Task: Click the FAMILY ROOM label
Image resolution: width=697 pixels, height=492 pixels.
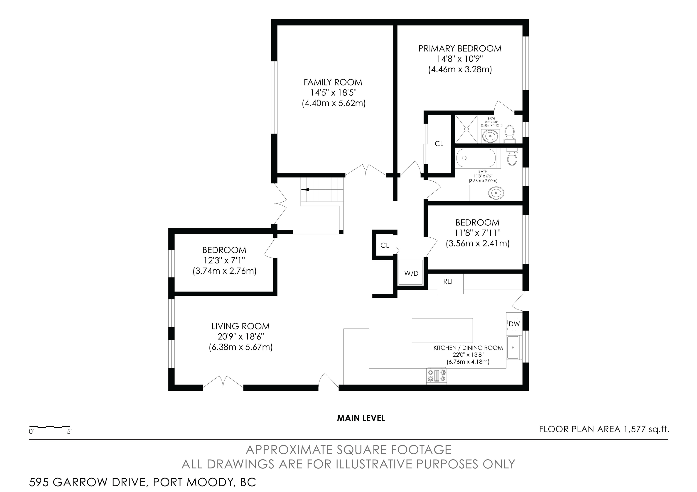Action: [333, 82]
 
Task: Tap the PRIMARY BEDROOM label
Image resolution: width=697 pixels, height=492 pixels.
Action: [460, 49]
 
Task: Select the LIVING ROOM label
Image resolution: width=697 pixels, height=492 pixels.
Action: [241, 326]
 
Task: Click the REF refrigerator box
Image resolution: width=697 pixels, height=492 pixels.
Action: [450, 283]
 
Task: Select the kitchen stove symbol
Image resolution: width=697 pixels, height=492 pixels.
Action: [437, 376]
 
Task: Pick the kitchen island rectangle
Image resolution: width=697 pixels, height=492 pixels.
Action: [442, 330]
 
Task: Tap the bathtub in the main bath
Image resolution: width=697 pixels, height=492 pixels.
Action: [476, 158]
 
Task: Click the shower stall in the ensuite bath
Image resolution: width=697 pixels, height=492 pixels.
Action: [466, 129]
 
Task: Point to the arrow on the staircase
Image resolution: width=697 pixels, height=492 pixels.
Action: [304, 190]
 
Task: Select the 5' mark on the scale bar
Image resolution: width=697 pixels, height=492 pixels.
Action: [69, 431]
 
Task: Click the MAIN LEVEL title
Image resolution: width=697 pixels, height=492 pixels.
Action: [361, 418]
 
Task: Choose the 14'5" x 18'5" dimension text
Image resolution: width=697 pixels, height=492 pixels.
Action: [333, 93]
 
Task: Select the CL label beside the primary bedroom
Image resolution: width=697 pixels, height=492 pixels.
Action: [439, 144]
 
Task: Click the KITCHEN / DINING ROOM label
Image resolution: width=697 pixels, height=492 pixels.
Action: [468, 348]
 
